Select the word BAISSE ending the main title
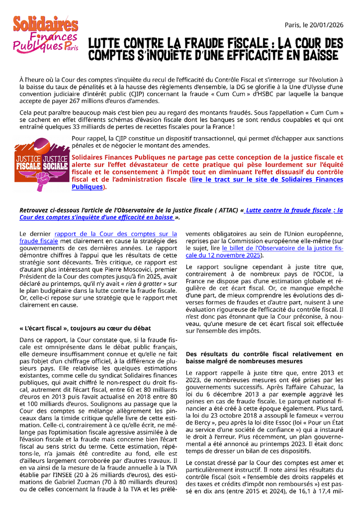(316, 54)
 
